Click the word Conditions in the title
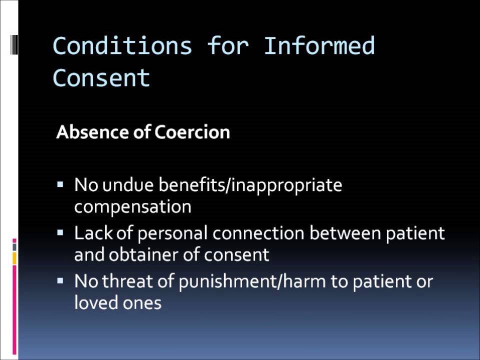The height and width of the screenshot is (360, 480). [x=122, y=46]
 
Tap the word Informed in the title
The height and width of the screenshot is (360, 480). [x=318, y=46]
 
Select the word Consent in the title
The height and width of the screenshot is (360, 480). [x=101, y=77]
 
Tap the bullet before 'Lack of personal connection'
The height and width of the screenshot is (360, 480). [x=60, y=232]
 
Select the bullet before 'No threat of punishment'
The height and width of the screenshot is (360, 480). [x=60, y=280]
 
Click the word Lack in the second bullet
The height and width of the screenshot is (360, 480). [x=92, y=233]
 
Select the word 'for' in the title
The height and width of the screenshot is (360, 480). [x=227, y=46]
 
